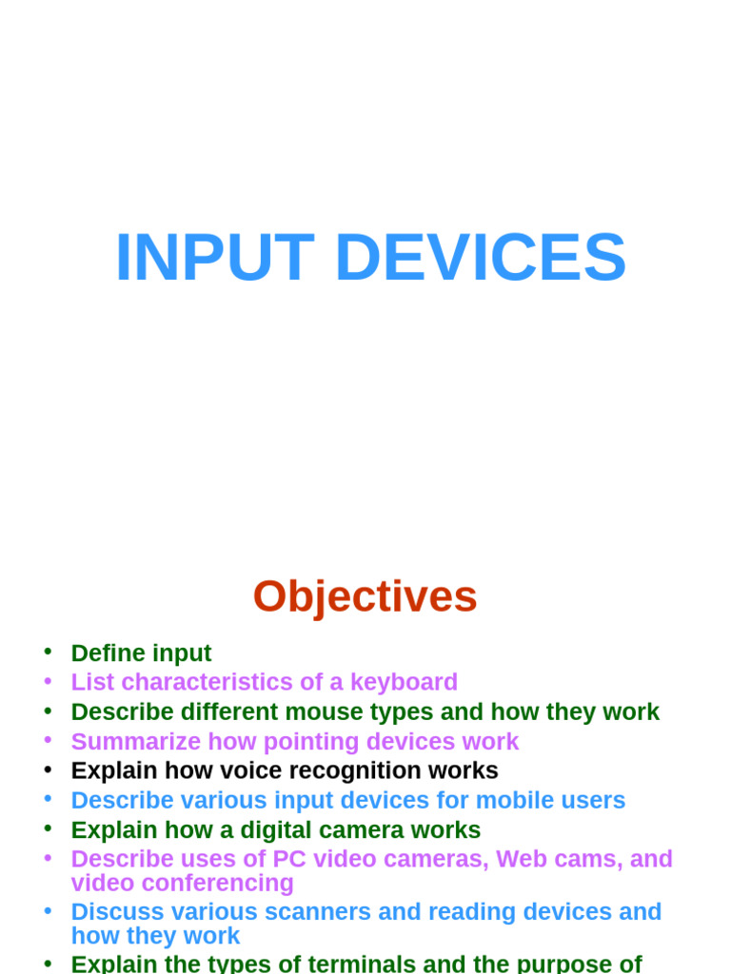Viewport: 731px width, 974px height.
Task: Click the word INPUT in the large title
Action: (214, 258)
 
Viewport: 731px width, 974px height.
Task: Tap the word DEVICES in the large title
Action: (481, 258)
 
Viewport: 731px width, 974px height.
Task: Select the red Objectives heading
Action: (365, 597)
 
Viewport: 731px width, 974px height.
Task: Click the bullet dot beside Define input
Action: (48, 652)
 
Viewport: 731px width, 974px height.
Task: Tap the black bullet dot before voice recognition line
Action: (48, 769)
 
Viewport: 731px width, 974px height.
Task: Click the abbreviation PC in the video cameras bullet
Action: (288, 859)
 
